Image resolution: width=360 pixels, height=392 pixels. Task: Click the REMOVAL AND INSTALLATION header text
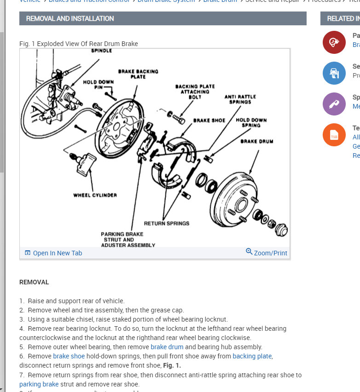(70, 18)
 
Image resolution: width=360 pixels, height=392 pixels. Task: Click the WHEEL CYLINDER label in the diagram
(95, 195)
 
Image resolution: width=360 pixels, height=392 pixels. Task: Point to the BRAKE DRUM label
(256, 141)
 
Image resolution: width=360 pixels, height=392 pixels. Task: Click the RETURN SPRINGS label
(166, 224)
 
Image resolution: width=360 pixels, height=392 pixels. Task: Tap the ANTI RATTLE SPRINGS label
(240, 99)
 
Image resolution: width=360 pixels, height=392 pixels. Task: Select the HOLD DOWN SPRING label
(251, 122)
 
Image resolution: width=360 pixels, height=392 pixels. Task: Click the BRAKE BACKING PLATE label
(138, 74)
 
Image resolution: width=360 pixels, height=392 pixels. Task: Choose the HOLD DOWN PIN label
(99, 84)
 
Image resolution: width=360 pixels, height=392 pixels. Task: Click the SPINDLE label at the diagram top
(101, 51)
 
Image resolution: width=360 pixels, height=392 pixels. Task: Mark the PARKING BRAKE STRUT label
(122, 239)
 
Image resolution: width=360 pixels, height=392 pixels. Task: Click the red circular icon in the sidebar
(334, 42)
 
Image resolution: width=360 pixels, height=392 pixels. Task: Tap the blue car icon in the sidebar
(334, 73)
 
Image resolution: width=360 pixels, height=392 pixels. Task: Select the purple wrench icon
(334, 104)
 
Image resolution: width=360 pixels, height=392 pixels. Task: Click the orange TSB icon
(334, 135)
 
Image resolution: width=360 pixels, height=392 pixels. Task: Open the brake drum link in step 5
(167, 347)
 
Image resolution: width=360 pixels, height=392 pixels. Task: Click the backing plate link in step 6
(252, 356)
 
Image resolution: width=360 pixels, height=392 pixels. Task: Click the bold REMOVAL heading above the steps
(34, 282)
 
